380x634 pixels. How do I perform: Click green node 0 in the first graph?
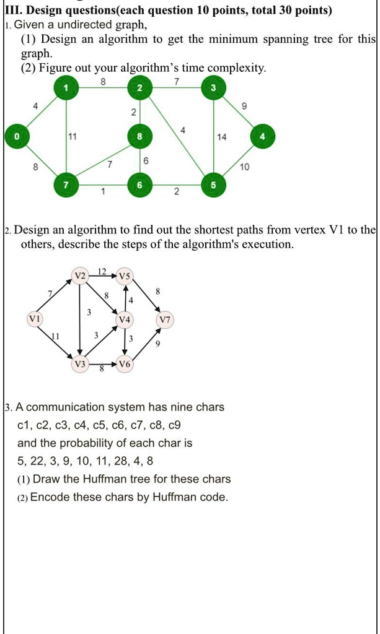(9, 136)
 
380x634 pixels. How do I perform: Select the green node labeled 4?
(263, 136)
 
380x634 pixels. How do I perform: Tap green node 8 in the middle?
(140, 136)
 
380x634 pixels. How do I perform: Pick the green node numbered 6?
(140, 185)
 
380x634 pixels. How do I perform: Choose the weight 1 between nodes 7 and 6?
(103, 192)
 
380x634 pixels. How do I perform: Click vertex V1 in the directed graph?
(34, 319)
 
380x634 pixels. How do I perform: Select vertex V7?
(165, 320)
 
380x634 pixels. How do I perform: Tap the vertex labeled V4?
(125, 320)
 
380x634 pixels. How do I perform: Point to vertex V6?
(125, 365)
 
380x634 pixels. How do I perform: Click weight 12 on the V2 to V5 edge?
(102, 271)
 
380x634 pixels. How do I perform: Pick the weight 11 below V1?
(55, 335)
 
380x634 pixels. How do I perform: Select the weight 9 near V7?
(157, 345)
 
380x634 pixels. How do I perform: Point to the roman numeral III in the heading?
(14, 11)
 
